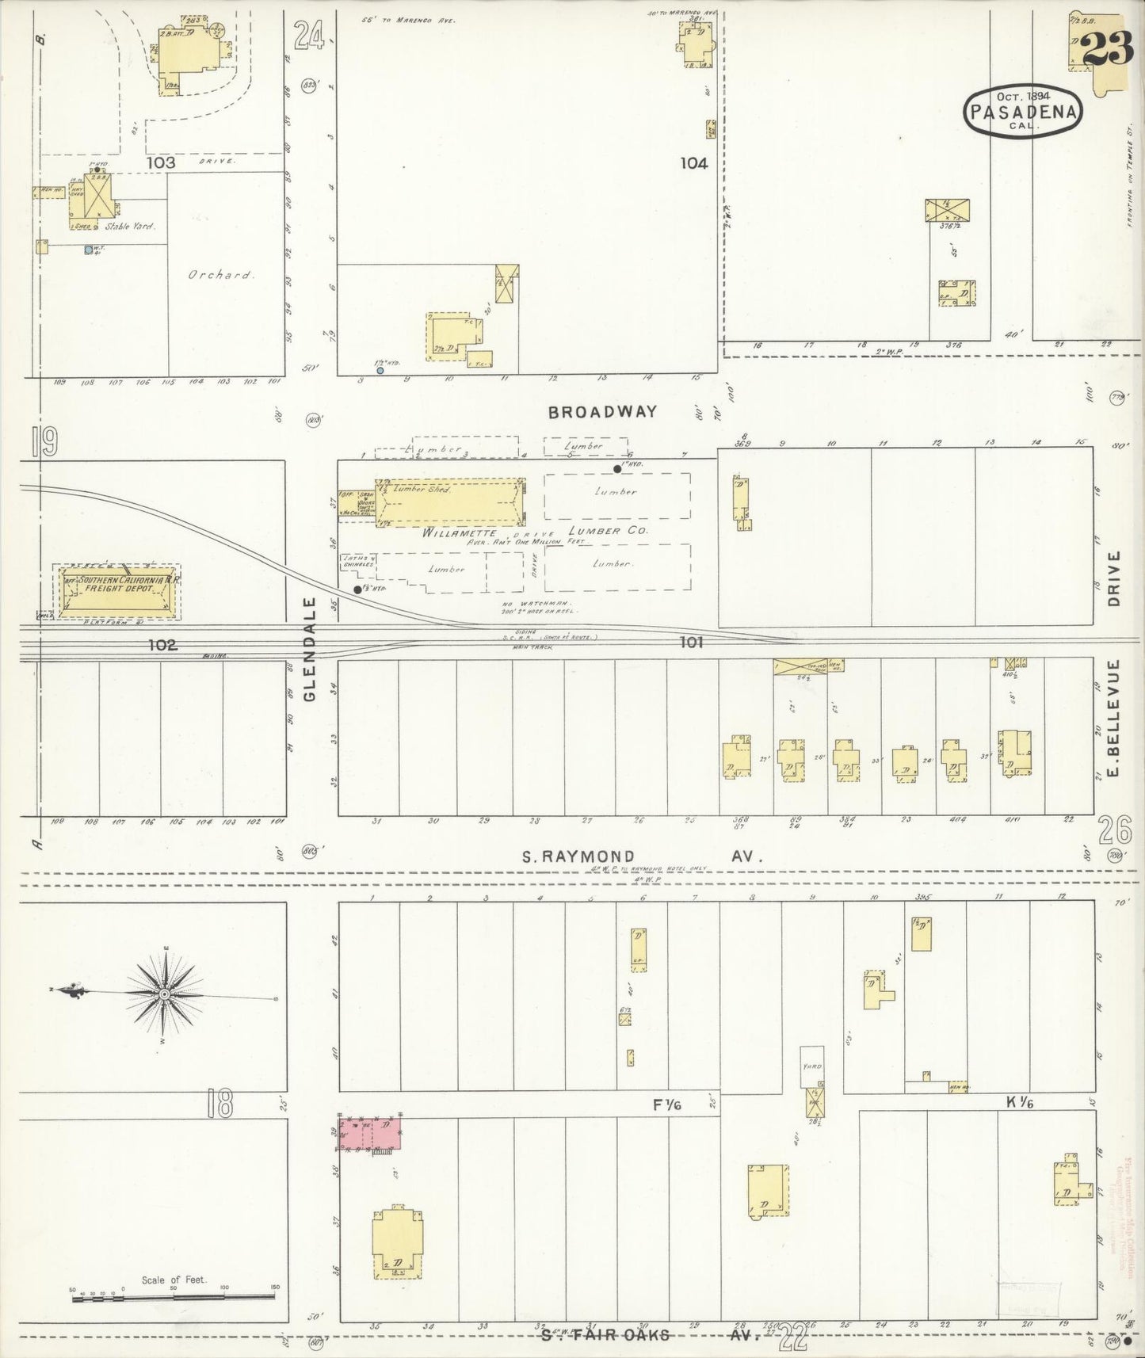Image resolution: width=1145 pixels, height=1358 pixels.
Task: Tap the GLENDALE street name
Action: [x=309, y=648]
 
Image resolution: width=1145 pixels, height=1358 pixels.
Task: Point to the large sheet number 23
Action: [x=1105, y=50]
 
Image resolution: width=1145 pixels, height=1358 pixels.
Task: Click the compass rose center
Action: [x=163, y=994]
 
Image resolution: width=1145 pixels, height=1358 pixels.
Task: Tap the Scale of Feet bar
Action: [x=174, y=1298]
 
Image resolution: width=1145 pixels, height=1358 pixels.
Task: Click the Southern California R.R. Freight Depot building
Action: [x=119, y=591]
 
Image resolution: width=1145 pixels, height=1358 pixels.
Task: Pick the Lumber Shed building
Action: [x=450, y=502]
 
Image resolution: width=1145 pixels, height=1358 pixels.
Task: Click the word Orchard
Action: [x=220, y=276]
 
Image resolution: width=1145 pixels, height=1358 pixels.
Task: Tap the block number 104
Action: [x=693, y=163]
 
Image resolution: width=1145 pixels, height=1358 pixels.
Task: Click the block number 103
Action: [x=160, y=162]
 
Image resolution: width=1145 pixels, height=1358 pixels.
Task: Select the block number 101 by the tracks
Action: [x=691, y=643]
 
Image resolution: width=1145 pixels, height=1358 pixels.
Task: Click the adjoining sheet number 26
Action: [x=1115, y=831]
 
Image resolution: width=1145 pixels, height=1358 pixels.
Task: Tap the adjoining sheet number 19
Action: [x=46, y=442]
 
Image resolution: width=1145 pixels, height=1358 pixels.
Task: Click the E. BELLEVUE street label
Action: [x=1115, y=719]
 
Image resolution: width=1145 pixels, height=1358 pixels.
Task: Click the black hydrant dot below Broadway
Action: [x=617, y=469]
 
